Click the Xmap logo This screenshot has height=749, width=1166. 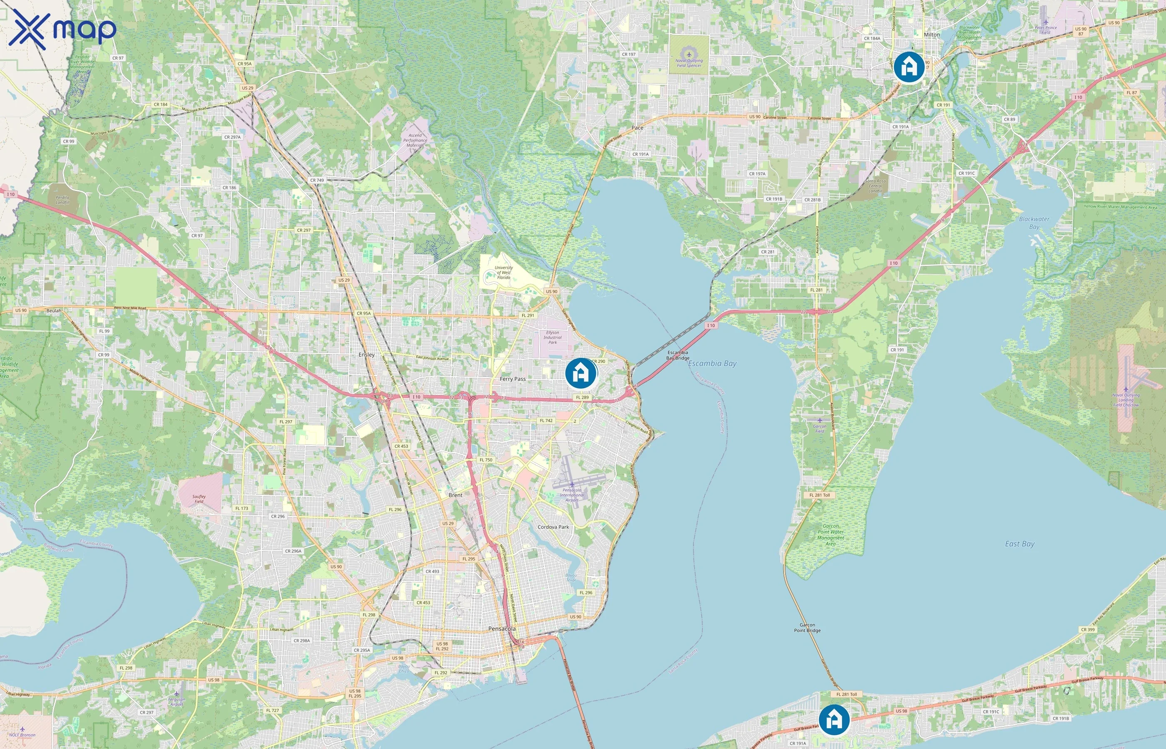coord(62,29)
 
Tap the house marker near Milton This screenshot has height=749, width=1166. coord(909,67)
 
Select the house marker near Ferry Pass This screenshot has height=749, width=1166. coord(581,373)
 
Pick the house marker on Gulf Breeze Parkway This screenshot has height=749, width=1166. coord(834,720)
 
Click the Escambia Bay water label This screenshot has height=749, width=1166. coord(712,363)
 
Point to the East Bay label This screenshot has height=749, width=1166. coord(1019,544)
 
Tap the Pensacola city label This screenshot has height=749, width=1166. coord(502,629)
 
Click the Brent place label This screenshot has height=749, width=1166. coord(456,495)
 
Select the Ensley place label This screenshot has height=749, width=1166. coord(366,355)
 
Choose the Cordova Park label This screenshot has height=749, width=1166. coord(553,527)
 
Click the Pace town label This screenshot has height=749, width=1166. coord(637,128)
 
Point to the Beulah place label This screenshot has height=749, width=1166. coord(54,311)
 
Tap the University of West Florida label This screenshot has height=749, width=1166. coord(504,273)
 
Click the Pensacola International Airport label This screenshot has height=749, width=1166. coord(572,495)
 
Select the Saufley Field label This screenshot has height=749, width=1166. coord(199,499)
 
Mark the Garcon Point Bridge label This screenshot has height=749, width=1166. coord(807,627)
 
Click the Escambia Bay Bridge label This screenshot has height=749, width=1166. coord(678,355)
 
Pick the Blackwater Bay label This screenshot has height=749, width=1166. coord(1034,223)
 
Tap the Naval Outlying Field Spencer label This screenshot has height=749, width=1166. coord(689,63)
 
